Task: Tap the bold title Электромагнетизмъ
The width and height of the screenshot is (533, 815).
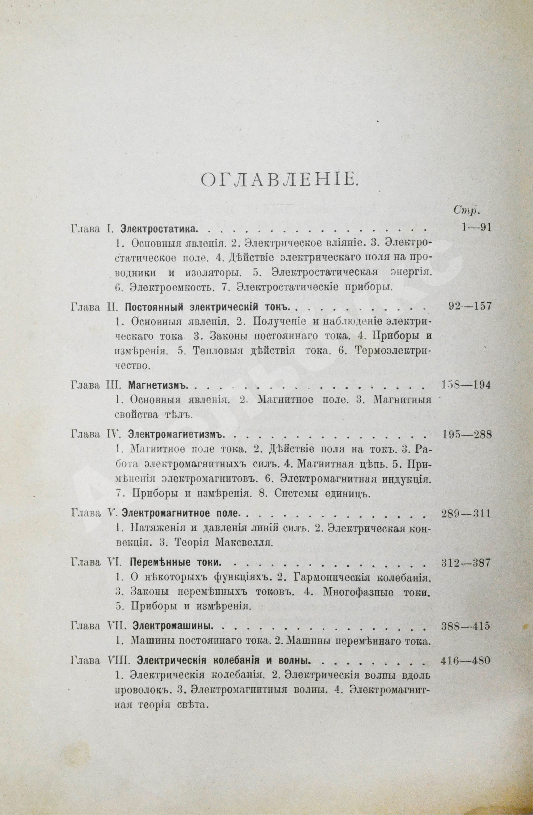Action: click(x=176, y=435)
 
